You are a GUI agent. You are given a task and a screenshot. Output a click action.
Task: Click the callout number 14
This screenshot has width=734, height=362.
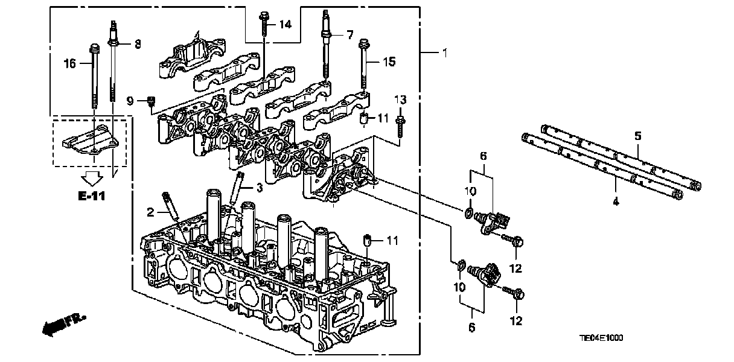(284, 25)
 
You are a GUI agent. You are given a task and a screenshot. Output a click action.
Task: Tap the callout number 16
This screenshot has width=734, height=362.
(70, 63)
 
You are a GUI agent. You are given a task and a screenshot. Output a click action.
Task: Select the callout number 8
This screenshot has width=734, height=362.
(137, 43)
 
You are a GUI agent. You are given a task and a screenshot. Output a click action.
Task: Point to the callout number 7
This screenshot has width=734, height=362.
(349, 35)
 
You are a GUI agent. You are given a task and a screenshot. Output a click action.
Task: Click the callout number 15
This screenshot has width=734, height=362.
(389, 61)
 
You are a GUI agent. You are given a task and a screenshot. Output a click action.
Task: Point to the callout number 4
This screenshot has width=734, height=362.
(616, 202)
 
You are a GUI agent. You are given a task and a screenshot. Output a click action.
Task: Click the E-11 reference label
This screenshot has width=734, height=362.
(92, 195)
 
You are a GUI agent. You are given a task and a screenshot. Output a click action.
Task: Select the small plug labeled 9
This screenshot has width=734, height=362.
(152, 101)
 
